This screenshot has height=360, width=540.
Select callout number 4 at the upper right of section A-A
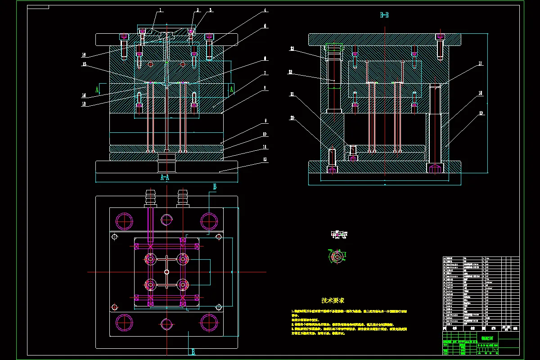pyautogui.click(x=265, y=10)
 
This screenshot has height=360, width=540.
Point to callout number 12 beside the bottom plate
pyautogui.click(x=265, y=159)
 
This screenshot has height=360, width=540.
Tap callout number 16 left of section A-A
pyautogui.click(x=84, y=55)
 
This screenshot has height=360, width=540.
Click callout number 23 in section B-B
pyautogui.click(x=292, y=48)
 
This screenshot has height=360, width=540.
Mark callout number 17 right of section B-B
pyautogui.click(x=480, y=64)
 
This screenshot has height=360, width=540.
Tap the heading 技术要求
pyautogui.click(x=333, y=300)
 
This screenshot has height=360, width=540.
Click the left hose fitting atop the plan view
pyautogui.click(x=150, y=198)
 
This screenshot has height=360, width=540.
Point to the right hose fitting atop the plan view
pyautogui.click(x=183, y=198)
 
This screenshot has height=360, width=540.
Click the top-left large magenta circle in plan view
pyautogui.click(x=124, y=220)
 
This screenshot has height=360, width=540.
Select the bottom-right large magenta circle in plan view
pyautogui.click(x=209, y=322)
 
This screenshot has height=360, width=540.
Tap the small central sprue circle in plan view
pyautogui.click(x=167, y=272)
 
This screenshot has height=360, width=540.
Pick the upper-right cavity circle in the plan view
pyautogui.click(x=182, y=259)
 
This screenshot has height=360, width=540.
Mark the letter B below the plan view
pyautogui.click(x=193, y=352)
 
